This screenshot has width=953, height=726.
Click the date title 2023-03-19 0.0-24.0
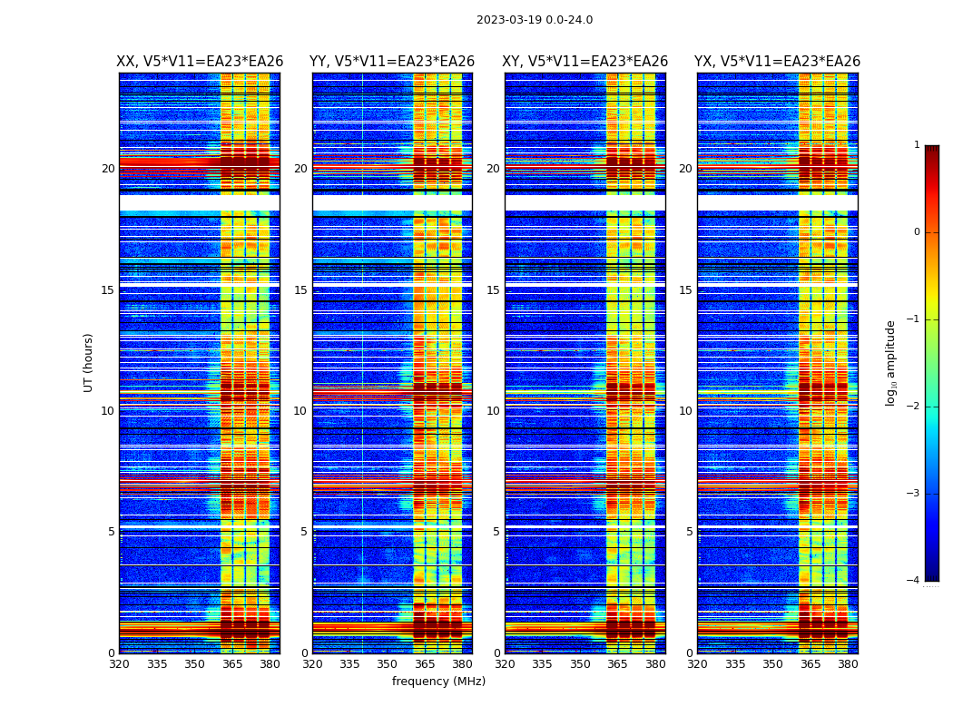coord(535,20)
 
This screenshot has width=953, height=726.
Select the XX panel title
coord(200,62)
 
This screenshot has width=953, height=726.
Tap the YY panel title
coord(392,62)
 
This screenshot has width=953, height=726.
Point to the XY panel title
coord(585,62)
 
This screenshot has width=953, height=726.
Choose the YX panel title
coord(777,62)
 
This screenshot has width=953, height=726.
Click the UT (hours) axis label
coord(89,362)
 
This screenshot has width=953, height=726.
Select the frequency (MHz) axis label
coord(438,682)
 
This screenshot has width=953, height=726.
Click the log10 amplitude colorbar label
coord(891,362)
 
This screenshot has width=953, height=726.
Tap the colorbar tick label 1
coord(917,145)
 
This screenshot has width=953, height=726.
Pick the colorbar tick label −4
coord(914,581)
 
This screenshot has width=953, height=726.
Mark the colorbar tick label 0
coord(917,232)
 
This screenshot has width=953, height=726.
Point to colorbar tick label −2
coord(914,407)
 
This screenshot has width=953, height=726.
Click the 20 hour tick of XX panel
coord(108,169)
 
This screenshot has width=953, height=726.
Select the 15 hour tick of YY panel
coord(300,290)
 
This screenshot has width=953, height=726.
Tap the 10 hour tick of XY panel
coord(493,411)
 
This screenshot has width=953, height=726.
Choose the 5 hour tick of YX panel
coord(689,532)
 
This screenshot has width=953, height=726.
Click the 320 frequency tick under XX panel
coord(119,664)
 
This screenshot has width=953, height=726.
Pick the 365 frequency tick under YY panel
coord(425,664)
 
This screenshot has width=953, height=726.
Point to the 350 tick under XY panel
coord(580,664)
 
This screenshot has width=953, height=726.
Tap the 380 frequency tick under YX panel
coord(848,664)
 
